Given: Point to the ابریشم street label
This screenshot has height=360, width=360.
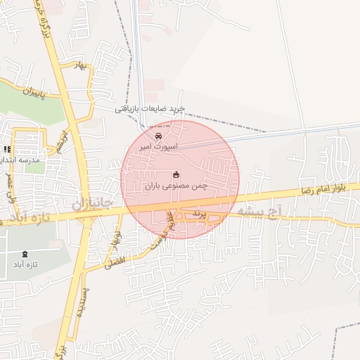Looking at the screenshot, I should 63,141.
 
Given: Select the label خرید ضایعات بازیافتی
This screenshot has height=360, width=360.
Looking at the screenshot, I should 150,109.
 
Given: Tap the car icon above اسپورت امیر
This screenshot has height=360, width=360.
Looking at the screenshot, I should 159,134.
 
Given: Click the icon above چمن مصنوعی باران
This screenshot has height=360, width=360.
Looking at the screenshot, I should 176,174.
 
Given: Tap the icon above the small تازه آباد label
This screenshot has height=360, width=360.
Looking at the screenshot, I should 26,253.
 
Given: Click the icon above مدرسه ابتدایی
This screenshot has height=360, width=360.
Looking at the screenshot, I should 8,149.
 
